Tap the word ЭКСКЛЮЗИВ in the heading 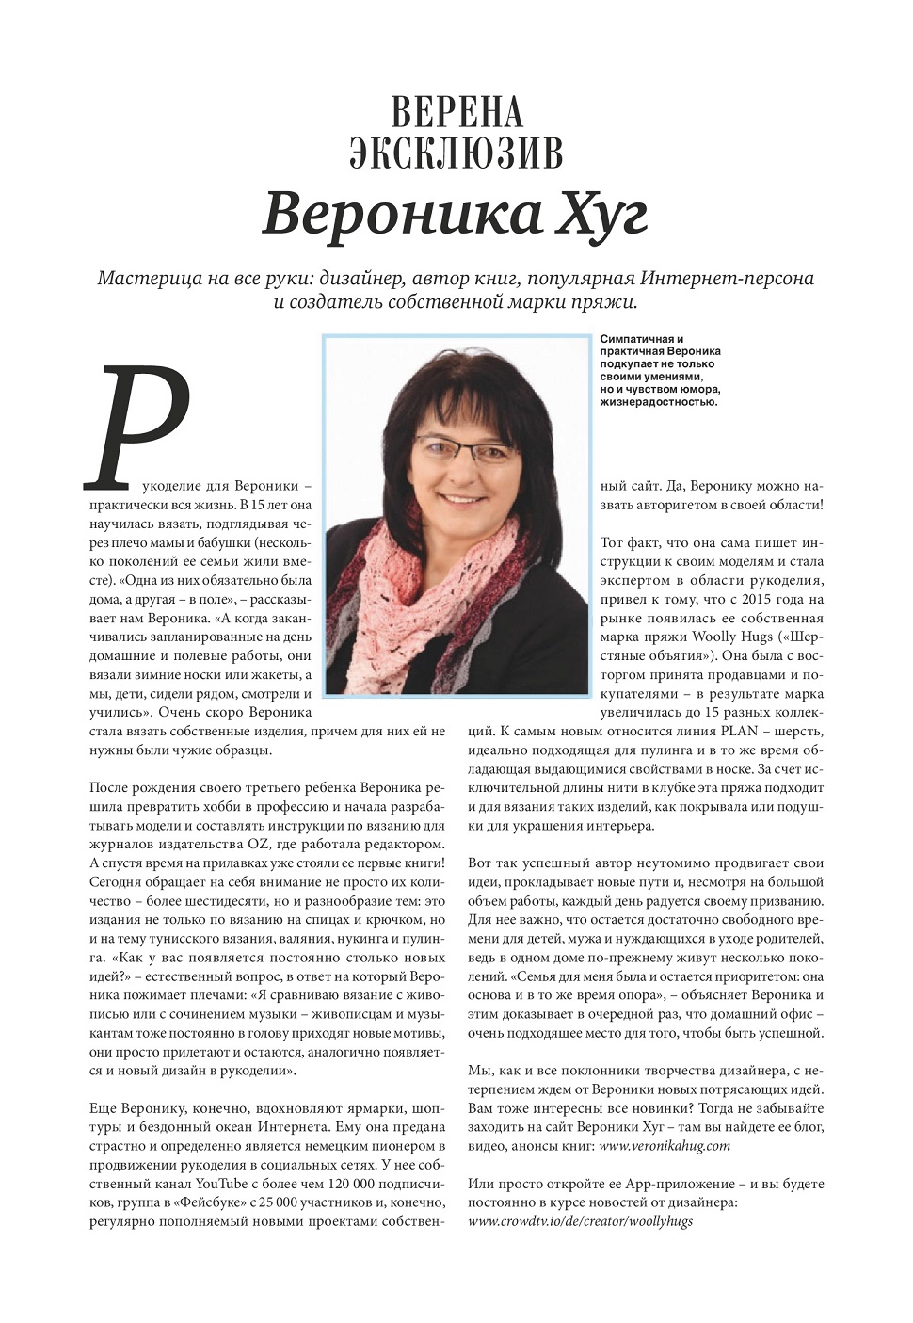[x=456, y=153]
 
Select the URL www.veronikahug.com [x=665, y=1146]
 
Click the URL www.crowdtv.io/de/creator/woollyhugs [x=580, y=1220]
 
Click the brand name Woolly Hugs [x=735, y=637]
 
